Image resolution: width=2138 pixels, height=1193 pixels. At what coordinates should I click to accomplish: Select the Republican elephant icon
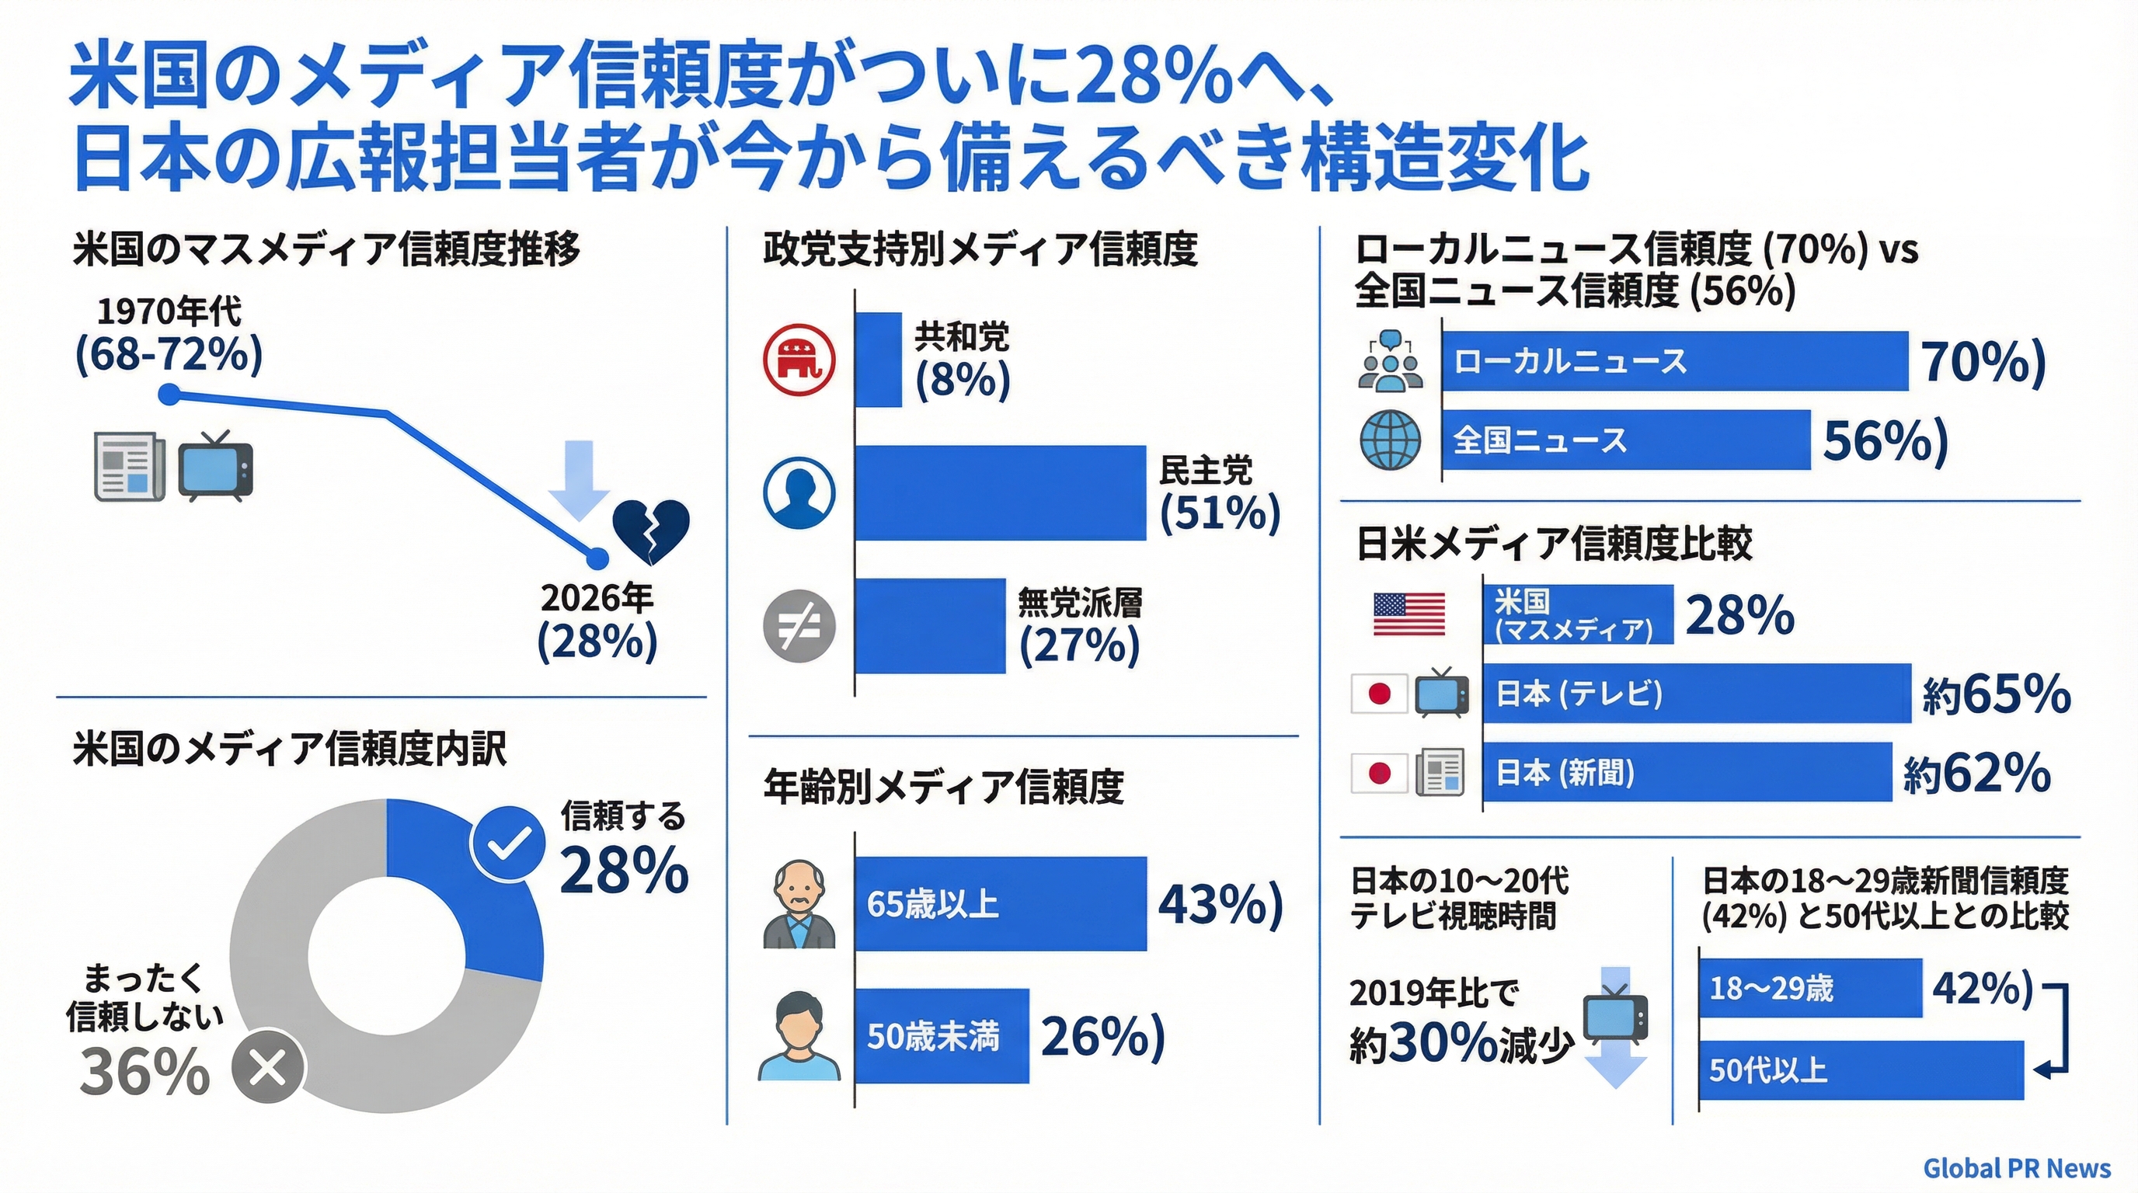point(799,360)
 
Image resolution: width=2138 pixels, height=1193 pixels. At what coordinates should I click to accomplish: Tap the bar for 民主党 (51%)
point(999,492)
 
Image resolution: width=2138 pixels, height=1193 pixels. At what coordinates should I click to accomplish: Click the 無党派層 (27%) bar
point(930,625)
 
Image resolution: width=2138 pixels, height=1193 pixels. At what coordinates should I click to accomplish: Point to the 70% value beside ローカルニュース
point(1983,362)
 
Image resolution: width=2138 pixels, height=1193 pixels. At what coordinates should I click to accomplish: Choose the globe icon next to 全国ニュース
point(1390,440)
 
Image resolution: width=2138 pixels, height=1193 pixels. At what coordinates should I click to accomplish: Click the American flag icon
point(1409,614)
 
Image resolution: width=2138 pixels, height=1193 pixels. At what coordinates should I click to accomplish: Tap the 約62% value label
point(1976,774)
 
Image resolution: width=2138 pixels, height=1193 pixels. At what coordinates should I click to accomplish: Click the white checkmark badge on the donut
point(507,843)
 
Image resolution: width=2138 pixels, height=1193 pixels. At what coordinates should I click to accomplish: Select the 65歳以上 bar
point(999,903)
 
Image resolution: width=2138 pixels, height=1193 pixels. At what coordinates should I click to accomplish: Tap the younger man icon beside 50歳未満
point(799,1036)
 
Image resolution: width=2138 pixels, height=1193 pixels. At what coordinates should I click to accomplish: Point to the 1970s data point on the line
point(169,395)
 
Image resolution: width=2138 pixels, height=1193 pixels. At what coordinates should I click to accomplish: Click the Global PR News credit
point(2016,1168)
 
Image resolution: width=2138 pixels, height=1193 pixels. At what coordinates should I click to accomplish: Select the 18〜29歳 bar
point(1809,988)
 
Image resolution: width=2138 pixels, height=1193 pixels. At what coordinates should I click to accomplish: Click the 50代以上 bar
point(1860,1070)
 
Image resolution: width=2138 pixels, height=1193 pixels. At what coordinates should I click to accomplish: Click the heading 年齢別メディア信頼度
point(943,787)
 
